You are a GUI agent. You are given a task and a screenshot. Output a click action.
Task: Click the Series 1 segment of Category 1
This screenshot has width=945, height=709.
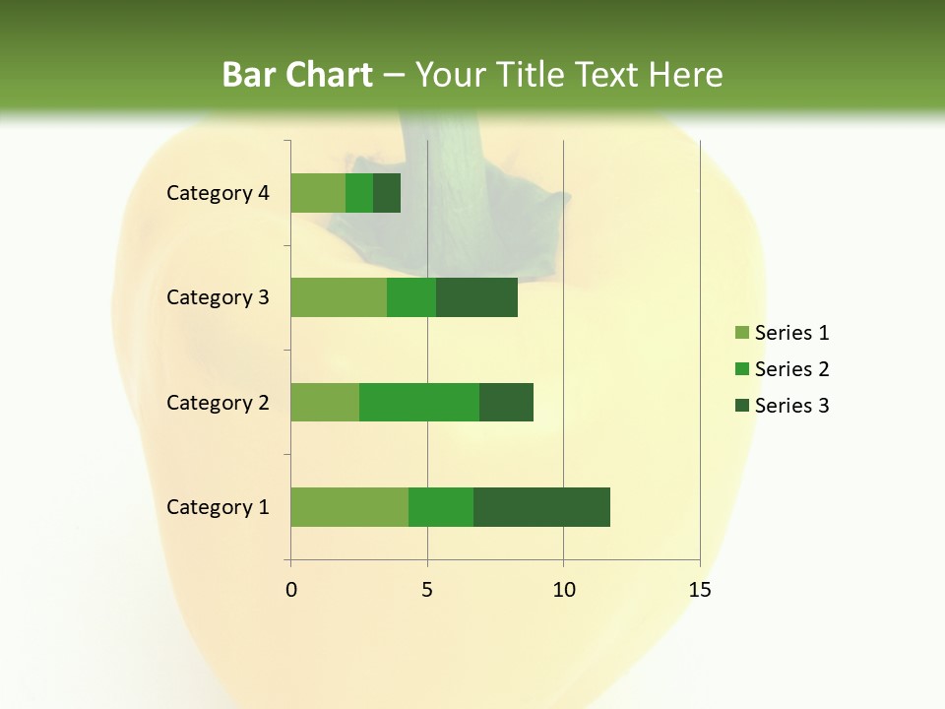pos(349,507)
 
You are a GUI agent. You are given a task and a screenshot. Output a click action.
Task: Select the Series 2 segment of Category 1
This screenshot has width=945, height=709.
pos(441,507)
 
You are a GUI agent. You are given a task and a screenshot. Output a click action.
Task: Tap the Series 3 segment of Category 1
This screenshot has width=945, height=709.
pos(541,507)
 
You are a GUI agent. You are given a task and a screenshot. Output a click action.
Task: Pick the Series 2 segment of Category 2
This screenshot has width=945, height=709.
pos(419,402)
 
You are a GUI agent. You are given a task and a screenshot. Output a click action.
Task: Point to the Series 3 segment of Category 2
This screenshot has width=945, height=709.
pos(506,402)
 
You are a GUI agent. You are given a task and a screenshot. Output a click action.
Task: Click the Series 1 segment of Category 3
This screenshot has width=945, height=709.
pos(339,297)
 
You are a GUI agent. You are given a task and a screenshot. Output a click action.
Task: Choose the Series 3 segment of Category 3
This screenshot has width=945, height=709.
pos(476,297)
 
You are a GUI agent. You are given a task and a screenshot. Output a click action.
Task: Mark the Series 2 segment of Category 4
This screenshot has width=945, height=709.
pos(359,193)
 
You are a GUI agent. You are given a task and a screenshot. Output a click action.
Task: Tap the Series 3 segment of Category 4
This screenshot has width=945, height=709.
pos(387,193)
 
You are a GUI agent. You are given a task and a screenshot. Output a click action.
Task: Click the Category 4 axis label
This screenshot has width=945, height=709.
pos(218,193)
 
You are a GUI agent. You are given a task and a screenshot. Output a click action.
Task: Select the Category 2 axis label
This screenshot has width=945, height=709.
pos(218,402)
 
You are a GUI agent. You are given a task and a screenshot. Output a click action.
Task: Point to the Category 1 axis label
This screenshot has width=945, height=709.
pos(218,507)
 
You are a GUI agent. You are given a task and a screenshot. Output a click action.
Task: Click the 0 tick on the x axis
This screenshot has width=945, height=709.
pos(291,590)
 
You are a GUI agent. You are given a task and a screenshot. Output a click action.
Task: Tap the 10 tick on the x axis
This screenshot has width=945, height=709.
pos(563,590)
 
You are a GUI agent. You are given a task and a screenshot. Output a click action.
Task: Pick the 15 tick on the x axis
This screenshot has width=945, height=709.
pos(699,590)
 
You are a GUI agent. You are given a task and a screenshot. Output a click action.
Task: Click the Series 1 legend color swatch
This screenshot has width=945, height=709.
pos(741,333)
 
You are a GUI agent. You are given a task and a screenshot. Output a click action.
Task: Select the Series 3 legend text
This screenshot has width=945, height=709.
pos(791,406)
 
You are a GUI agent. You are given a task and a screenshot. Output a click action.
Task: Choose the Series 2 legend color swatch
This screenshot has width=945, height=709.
pos(741,369)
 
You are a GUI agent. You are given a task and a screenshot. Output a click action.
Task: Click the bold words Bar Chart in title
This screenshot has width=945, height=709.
pos(297,75)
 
